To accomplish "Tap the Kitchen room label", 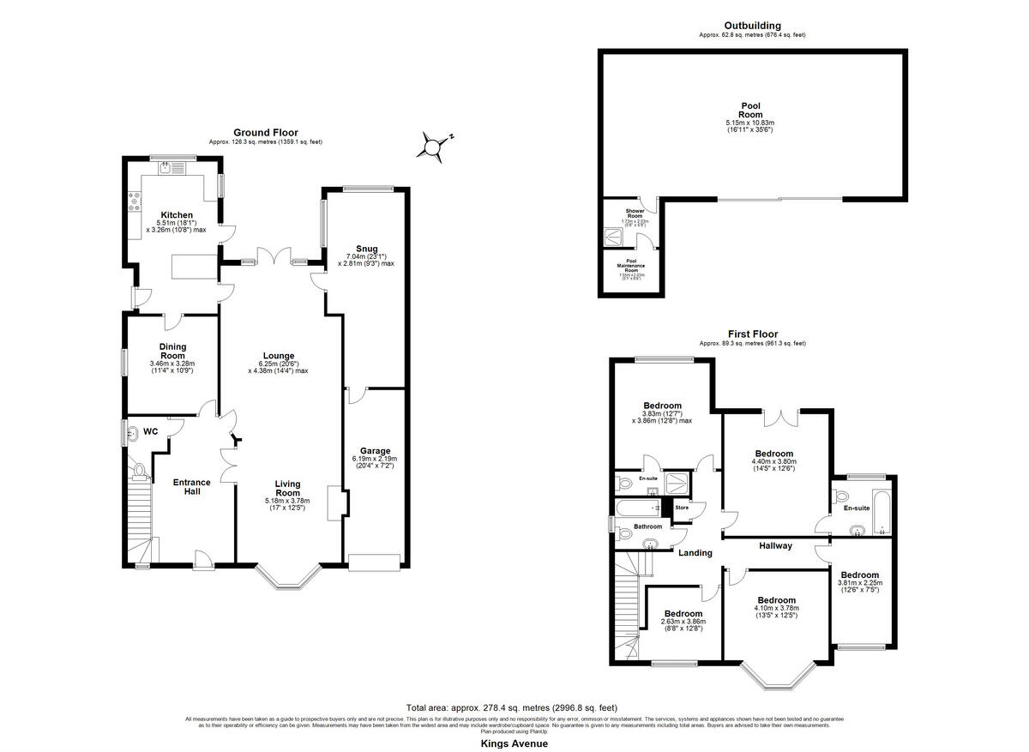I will (x=178, y=214).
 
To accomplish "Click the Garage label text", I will (x=375, y=451).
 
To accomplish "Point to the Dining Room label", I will (x=172, y=351).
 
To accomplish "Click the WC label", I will (x=151, y=431).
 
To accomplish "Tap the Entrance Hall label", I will (x=191, y=487).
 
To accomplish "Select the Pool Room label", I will (x=750, y=110).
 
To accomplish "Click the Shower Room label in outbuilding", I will (x=635, y=213).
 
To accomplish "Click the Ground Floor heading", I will (x=266, y=132).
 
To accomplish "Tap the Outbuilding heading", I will (x=751, y=26).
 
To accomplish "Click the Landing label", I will (x=695, y=552).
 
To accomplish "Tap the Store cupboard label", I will (x=682, y=508).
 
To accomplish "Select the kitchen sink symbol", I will (x=164, y=169).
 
